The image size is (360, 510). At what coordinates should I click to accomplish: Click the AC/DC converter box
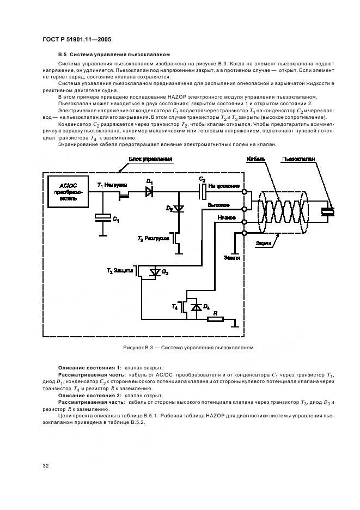[68, 192]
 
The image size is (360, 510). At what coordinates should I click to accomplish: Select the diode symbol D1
[149, 192]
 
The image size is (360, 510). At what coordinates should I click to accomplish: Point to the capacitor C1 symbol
[103, 217]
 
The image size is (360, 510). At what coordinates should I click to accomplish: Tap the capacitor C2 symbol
[202, 192]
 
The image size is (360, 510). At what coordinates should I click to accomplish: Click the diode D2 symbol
[179, 209]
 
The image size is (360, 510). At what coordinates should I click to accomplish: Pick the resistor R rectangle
[216, 319]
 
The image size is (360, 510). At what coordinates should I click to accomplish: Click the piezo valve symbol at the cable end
[328, 212]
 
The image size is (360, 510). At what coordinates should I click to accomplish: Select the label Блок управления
[150, 159]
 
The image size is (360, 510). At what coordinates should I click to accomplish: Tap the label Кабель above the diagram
[256, 159]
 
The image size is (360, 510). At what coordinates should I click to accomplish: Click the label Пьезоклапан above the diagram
[298, 159]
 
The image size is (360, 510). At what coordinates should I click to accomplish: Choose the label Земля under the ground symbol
[232, 258]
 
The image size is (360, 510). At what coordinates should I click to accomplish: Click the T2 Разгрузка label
[153, 239]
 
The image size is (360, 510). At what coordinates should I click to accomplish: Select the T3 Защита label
[120, 271]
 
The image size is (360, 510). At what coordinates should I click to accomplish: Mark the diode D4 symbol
[196, 307]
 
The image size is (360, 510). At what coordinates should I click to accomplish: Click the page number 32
[46, 466]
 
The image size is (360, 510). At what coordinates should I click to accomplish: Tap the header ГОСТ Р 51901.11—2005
[77, 39]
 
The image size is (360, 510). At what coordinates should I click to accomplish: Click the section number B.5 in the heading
[63, 54]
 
